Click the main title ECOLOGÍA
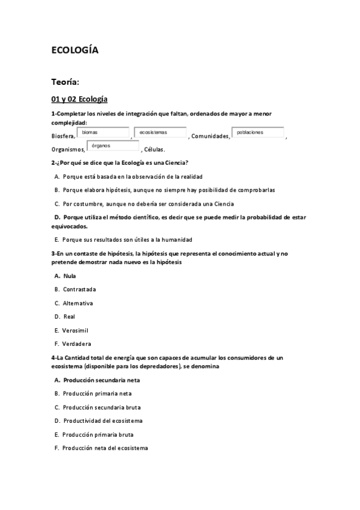[x=75, y=51]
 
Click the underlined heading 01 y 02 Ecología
[x=79, y=99]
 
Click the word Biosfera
[x=63, y=137]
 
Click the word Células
[x=154, y=150]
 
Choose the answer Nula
[x=69, y=276]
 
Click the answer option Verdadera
[x=76, y=344]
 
